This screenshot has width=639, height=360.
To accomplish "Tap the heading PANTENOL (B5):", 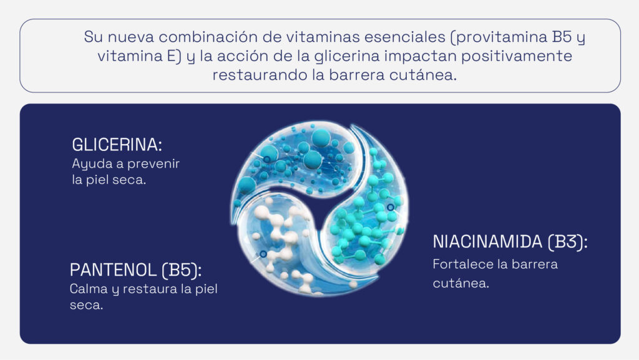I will coord(136,271).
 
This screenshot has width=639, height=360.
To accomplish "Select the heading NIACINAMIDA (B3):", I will coord(510,242).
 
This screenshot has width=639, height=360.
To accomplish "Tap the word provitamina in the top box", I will coord(500,37).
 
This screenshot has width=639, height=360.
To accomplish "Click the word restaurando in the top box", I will coord(254,75).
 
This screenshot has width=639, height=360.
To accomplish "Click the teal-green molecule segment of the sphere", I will coord(365,218).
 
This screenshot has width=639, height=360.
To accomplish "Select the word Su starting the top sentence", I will coord(92,37).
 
